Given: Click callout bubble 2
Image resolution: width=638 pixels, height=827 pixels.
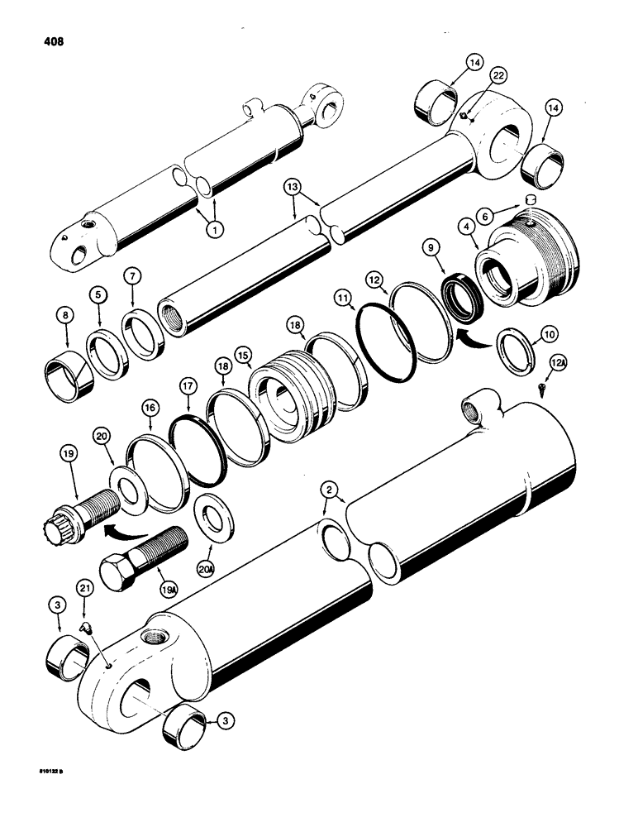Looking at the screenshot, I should (x=329, y=491).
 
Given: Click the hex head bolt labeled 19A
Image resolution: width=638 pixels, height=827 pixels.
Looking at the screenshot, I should (x=145, y=557).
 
